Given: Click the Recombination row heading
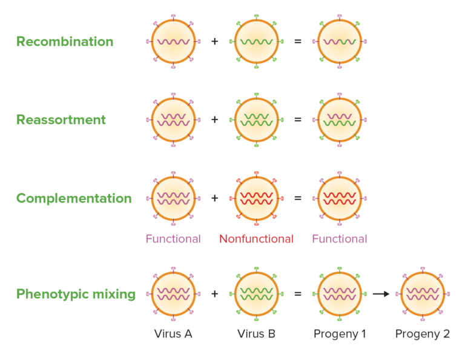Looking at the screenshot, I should pos(65,42).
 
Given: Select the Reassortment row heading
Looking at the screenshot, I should pos(61,120).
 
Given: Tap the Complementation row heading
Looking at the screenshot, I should pos(74,199).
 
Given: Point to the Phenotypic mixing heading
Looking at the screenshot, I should pos(76,294).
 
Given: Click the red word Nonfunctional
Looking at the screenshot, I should pos(256,239).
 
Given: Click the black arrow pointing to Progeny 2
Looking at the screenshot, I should pos(380,294).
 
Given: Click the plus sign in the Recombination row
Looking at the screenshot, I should pos(214,42).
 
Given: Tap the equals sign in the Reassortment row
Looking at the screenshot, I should pos(297,120).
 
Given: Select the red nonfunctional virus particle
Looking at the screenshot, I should pos(256,198).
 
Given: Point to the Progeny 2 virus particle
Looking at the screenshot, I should pos(423,294).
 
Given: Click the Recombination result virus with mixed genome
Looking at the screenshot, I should pos(340,42).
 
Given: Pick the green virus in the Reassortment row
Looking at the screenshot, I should pos(256,120).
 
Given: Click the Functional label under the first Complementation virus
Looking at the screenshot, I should pos(173,239).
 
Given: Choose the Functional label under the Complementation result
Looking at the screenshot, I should pos(340,239).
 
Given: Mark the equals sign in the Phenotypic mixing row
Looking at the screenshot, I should pos(297,294).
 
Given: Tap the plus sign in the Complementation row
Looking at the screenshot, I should pos(214,198).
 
